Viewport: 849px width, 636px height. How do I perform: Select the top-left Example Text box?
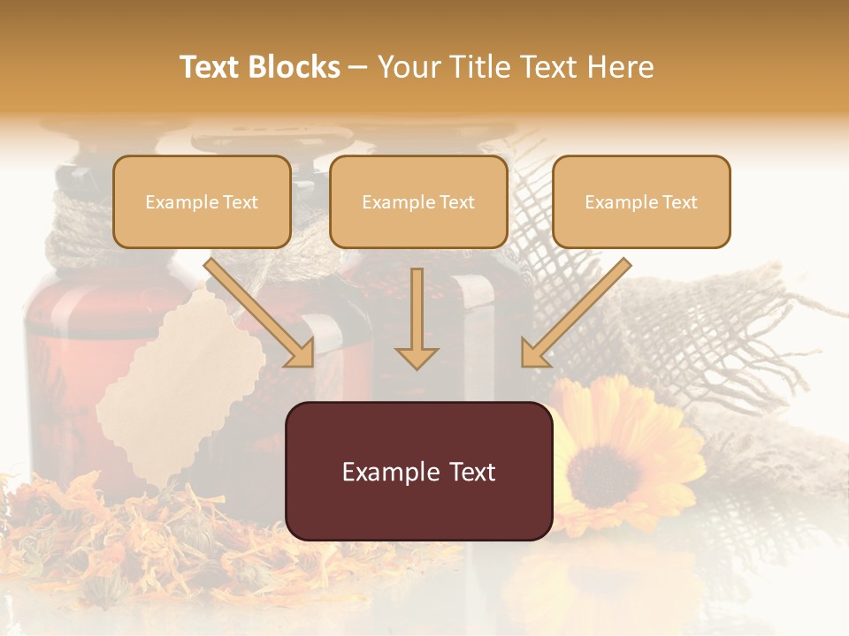[202, 202]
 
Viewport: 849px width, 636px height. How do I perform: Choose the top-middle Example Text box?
[418, 202]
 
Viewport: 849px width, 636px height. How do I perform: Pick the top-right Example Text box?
[641, 202]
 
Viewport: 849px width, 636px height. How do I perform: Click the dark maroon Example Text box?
[418, 471]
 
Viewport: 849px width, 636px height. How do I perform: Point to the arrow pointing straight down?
[417, 318]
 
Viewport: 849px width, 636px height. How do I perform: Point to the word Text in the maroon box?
[470, 472]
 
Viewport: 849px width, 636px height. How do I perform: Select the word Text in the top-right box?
[679, 202]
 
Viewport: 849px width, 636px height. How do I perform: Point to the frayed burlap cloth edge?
[769, 353]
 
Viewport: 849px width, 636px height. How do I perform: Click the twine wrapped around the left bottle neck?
[84, 221]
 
